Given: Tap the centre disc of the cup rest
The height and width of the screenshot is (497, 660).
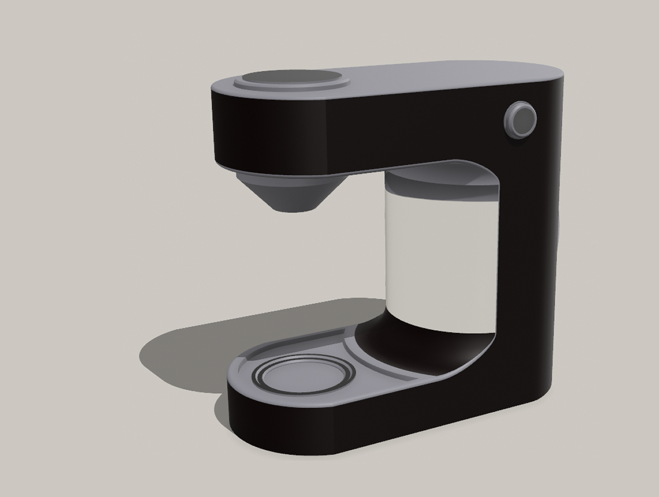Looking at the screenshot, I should [306, 377].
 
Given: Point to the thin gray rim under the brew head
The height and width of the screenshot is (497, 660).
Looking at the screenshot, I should [277, 171].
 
